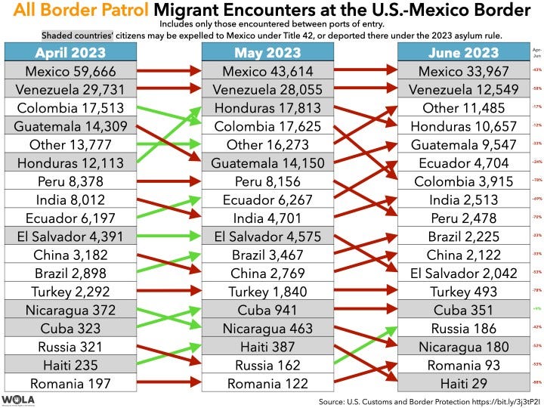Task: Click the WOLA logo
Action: click(x=19, y=400)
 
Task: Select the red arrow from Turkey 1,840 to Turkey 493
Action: click(x=366, y=292)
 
